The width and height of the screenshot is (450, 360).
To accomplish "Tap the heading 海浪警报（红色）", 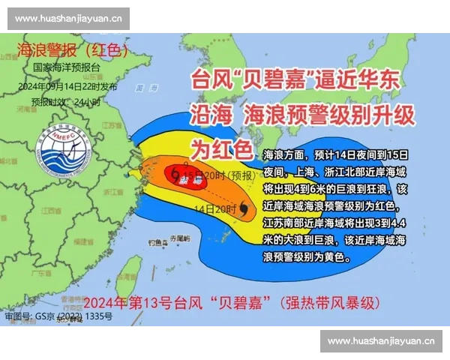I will (x=72, y=51).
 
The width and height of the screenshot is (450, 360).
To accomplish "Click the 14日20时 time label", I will (x=214, y=208).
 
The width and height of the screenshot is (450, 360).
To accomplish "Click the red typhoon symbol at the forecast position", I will (x=177, y=174).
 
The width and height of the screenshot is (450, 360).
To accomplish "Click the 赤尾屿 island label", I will (x=180, y=238).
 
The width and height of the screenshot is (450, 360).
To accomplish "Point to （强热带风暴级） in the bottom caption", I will (x=329, y=304).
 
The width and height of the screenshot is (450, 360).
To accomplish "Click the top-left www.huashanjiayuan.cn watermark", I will (x=68, y=18).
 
